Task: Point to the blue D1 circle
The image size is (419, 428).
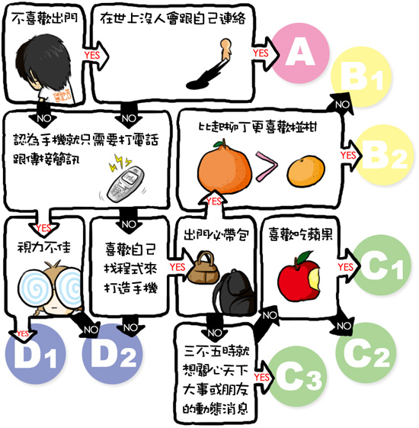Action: [x=37, y=358]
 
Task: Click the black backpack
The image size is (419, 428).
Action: [x=230, y=294]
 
